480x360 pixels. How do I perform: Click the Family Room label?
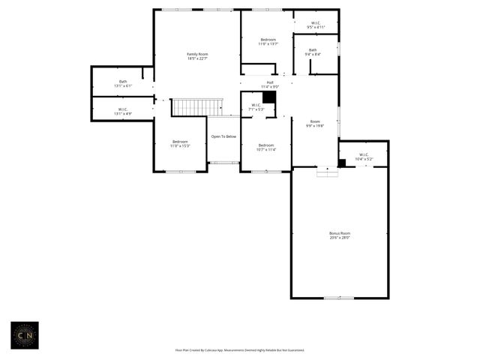coord(197,56)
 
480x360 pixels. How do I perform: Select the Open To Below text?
coord(223,136)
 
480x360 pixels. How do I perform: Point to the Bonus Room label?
coord(340,235)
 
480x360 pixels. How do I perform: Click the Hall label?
coord(269,84)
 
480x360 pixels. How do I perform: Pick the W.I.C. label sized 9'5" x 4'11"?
coord(315,25)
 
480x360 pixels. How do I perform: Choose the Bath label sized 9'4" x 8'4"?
coord(313,52)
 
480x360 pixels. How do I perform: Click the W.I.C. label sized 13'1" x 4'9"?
coord(123,111)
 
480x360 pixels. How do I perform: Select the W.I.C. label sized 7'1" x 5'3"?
coord(256,106)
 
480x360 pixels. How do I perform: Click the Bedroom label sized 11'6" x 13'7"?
coord(268,41)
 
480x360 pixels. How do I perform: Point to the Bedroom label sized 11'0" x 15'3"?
coord(180,143)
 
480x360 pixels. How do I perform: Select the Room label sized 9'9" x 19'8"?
coord(315,124)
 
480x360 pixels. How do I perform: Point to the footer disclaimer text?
coord(240,349)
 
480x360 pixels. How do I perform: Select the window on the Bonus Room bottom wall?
coord(338,298)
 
